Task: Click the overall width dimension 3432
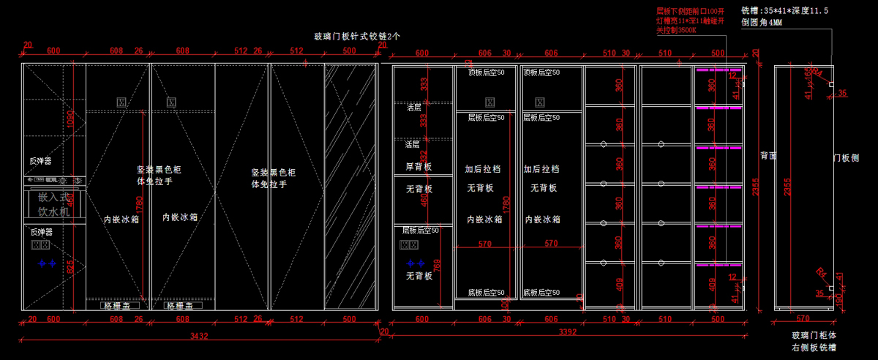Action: [x=199, y=337]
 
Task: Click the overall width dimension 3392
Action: [x=568, y=332]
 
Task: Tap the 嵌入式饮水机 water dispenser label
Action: [x=53, y=204]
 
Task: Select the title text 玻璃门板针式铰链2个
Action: [x=357, y=36]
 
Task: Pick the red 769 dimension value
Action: [x=438, y=268]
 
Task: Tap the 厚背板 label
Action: [x=419, y=167]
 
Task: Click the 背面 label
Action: [x=768, y=156]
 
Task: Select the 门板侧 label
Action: [x=845, y=158]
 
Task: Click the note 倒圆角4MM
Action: [x=762, y=23]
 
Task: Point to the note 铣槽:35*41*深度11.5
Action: [x=795, y=11]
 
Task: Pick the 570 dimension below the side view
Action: [x=803, y=318]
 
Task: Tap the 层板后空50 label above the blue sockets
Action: [x=420, y=230]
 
